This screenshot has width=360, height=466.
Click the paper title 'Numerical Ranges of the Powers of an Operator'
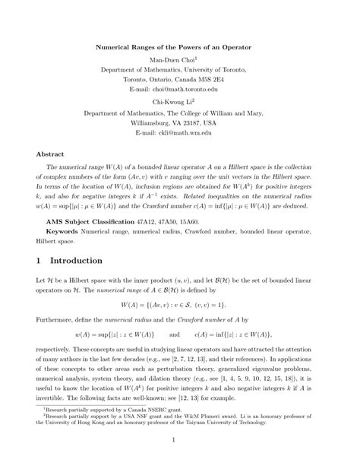coord(179,46)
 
